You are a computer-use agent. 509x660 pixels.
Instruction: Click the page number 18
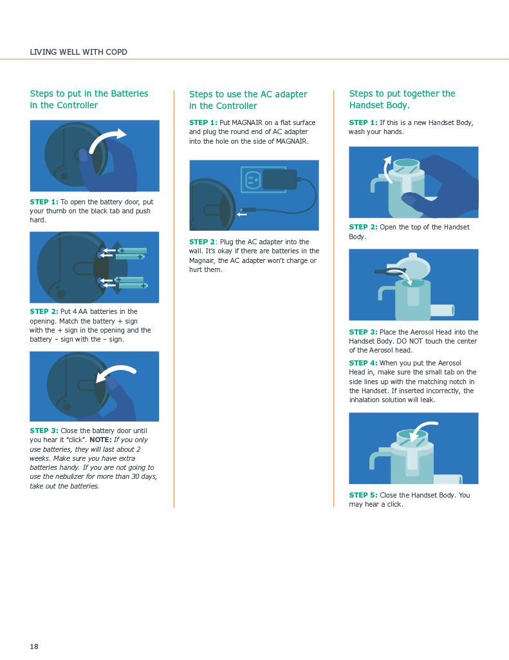coord(34,646)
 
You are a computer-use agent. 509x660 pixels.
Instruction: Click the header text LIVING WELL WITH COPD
coord(79,52)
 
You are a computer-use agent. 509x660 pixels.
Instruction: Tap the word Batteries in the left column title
coord(129,93)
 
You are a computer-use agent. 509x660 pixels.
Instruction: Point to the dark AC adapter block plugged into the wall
coord(279,180)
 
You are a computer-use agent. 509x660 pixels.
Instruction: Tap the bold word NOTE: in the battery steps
coord(100,440)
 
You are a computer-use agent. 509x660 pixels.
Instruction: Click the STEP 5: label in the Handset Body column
coord(363,495)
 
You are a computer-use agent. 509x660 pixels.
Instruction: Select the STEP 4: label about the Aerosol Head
coord(363,363)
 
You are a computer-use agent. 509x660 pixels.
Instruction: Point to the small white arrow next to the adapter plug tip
coord(242,214)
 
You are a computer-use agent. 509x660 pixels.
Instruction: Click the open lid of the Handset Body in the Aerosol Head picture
coord(412,266)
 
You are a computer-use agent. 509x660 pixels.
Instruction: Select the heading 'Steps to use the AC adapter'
coord(248,94)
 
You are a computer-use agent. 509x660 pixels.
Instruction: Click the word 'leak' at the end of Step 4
coord(427,400)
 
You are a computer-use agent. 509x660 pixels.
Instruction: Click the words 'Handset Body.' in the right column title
coord(379,105)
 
